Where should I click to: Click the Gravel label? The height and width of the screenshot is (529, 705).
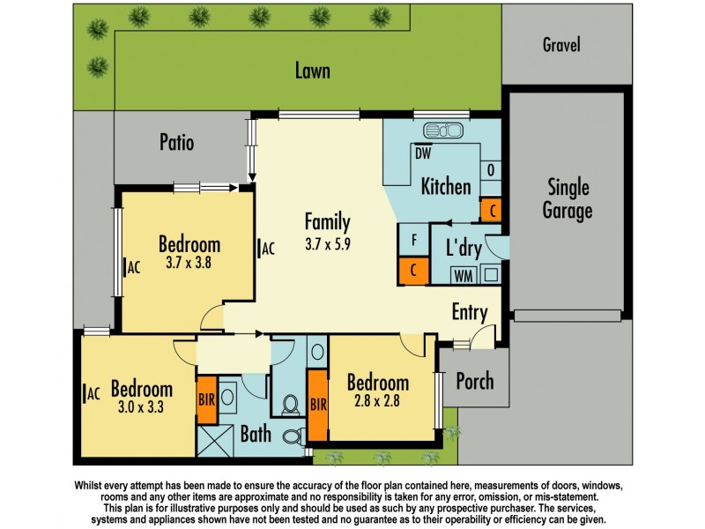click(x=561, y=45)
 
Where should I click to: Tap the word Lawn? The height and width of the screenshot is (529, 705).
click(x=313, y=71)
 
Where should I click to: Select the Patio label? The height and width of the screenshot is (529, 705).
click(x=177, y=142)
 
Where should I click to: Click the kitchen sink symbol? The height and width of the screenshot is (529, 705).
click(x=443, y=130)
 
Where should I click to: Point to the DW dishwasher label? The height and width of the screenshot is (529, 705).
click(x=423, y=153)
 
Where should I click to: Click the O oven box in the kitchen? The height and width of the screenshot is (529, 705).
click(x=491, y=170)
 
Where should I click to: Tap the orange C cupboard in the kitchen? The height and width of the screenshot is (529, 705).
click(x=492, y=210)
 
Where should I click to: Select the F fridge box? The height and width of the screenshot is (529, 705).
click(x=414, y=240)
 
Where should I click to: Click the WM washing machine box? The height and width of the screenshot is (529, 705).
click(x=464, y=275)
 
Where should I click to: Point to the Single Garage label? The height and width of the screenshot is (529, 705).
click(x=568, y=199)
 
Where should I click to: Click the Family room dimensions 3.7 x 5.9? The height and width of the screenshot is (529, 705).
click(x=327, y=244)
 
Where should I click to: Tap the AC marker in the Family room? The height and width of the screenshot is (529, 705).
click(x=266, y=249)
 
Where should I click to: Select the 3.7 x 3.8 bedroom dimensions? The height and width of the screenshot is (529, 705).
click(x=189, y=262)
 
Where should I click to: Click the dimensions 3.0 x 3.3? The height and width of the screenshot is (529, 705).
click(x=141, y=407)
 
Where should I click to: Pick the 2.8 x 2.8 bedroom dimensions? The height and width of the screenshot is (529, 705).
click(x=377, y=400)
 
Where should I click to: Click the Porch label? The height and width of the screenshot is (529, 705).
click(x=475, y=382)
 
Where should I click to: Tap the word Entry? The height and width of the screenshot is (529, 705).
click(x=470, y=312)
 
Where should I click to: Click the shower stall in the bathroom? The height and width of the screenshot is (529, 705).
click(x=215, y=441)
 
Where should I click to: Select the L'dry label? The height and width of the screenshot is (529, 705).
click(x=464, y=248)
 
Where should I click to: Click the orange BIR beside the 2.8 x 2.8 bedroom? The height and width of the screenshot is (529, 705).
click(x=318, y=405)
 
